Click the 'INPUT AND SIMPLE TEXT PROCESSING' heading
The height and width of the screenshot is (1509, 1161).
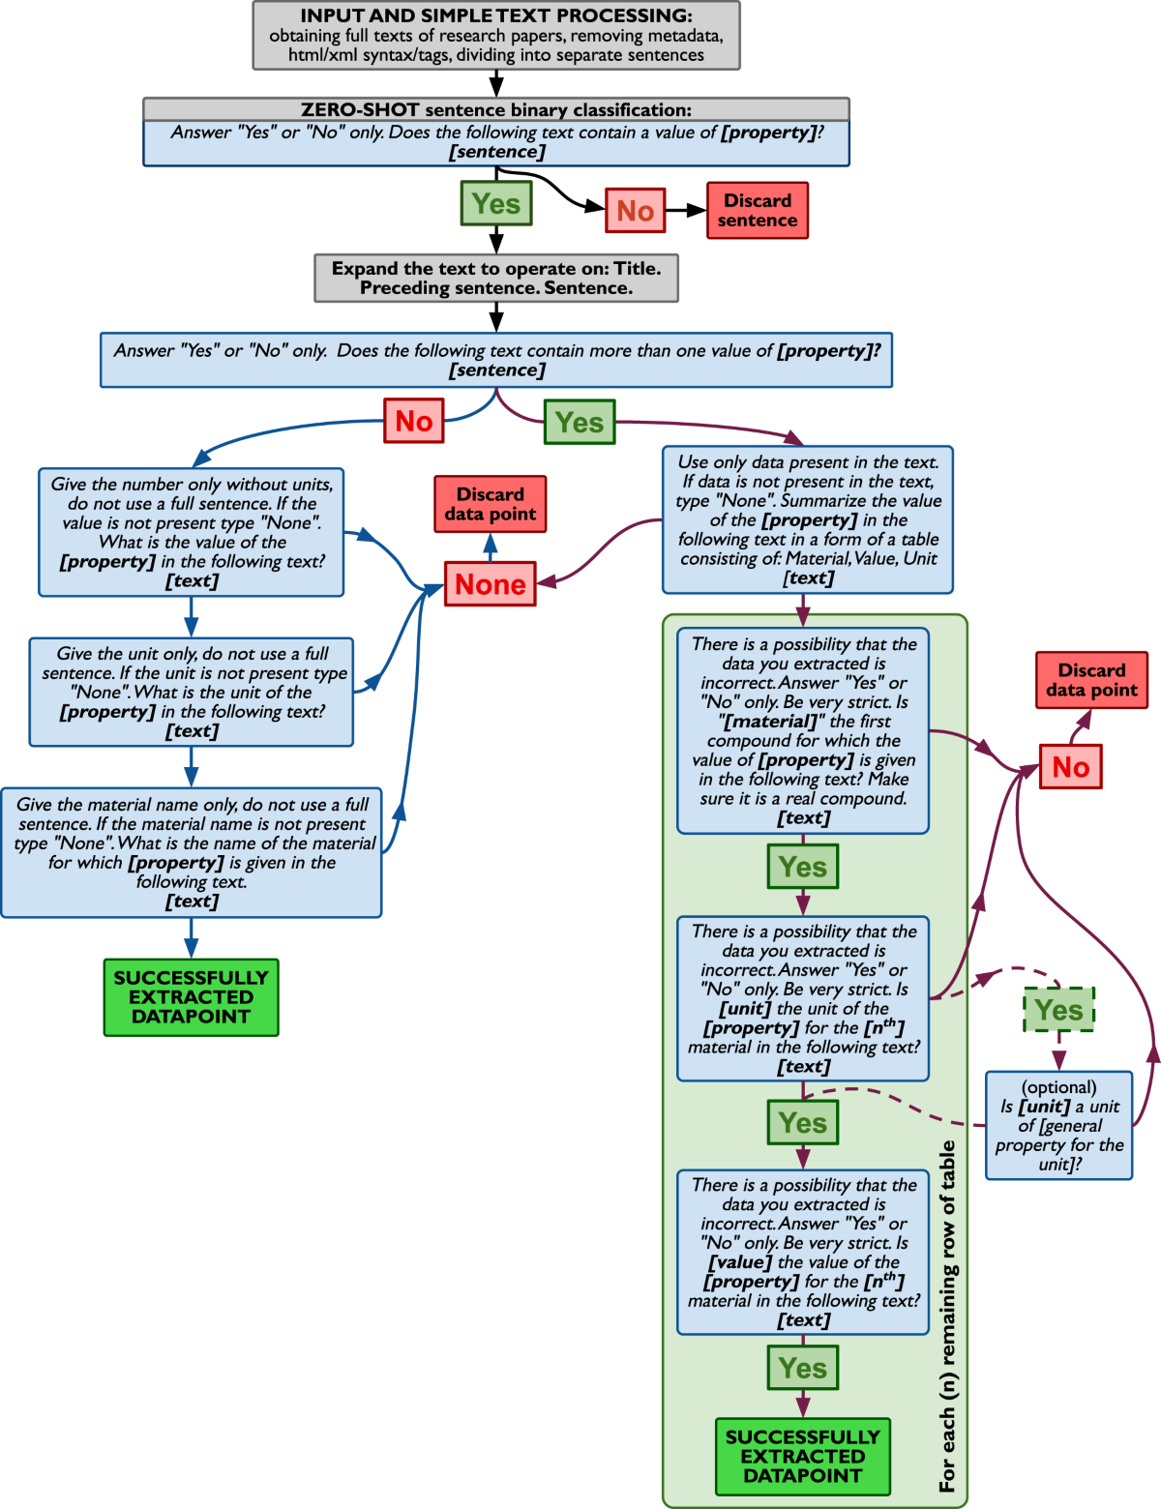point(495,16)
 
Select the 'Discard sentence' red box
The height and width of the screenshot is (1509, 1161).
point(757,210)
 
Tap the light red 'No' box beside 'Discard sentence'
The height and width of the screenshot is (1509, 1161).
point(635,210)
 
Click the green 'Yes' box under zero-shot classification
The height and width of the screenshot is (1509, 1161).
point(496,203)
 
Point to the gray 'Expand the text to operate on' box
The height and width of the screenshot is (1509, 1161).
point(495,279)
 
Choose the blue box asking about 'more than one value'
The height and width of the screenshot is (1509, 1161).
point(495,360)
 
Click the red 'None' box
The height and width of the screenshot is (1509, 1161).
point(490,584)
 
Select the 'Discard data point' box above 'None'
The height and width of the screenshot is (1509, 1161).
point(490,504)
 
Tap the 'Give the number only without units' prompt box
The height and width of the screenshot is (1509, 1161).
point(191,533)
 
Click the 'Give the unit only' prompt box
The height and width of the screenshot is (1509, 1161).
point(191,692)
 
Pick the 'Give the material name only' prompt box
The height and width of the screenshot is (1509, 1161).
point(191,852)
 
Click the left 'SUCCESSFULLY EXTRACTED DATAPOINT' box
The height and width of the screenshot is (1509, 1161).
point(191,997)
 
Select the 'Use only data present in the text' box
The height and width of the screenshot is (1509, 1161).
point(808,519)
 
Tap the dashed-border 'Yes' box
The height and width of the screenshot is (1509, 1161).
point(1058,1010)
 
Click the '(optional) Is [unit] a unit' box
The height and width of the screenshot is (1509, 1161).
point(1058,1125)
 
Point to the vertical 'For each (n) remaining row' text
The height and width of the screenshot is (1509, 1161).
point(947,1316)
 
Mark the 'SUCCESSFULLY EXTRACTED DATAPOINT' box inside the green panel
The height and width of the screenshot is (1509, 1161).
point(802,1457)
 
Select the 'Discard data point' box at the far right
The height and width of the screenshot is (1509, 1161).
point(1091,680)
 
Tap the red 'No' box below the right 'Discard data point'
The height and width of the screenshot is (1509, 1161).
point(1070,767)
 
